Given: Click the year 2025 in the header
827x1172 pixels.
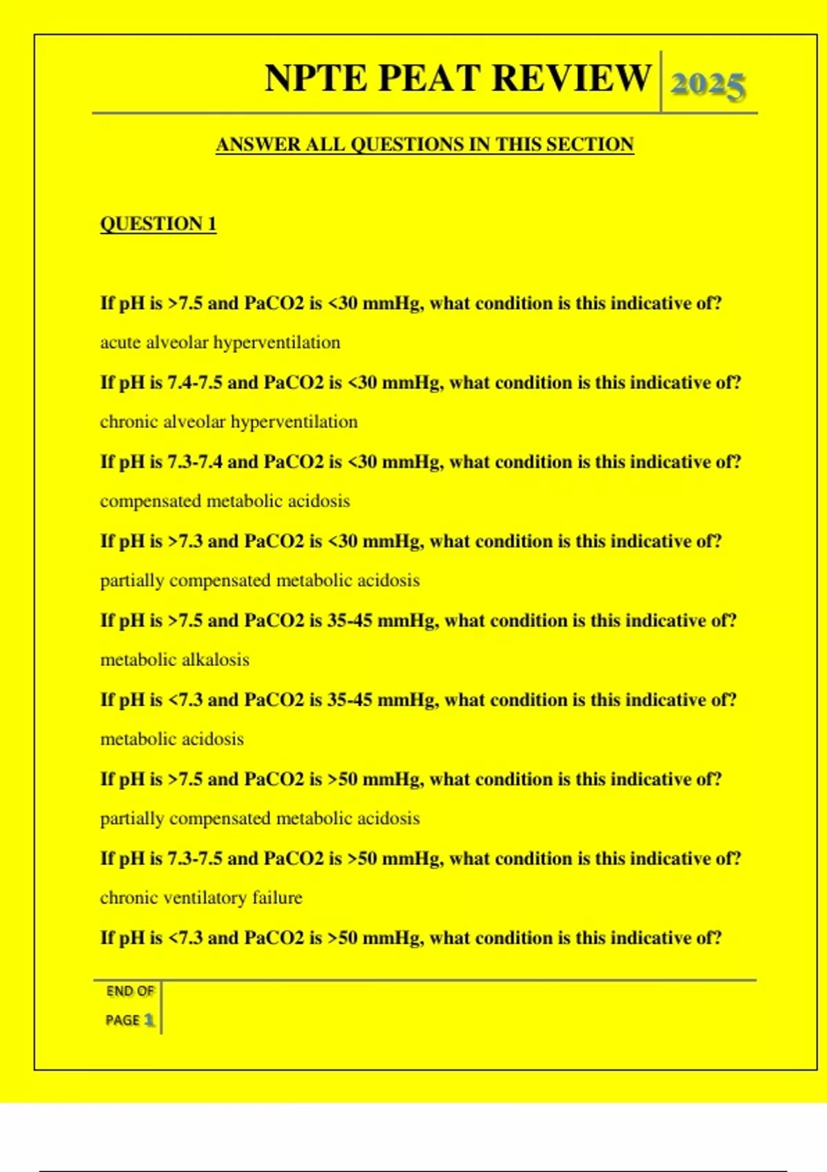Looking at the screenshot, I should pyautogui.click(x=708, y=85).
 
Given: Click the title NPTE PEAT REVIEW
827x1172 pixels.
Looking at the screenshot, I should pyautogui.click(x=458, y=78).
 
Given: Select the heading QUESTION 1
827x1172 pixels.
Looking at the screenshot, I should pyautogui.click(x=158, y=224).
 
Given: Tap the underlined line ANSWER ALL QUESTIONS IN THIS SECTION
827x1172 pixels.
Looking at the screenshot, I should pyautogui.click(x=425, y=145).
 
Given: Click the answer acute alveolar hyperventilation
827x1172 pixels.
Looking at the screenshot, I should pyautogui.click(x=220, y=343).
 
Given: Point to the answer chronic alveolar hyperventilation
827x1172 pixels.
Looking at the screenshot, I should pyautogui.click(x=229, y=422).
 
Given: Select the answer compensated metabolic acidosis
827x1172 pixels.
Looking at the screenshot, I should pyautogui.click(x=225, y=501).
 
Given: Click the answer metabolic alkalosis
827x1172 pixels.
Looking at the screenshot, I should pyautogui.click(x=174, y=660).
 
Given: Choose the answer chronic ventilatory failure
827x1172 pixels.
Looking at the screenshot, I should pyautogui.click(x=201, y=898).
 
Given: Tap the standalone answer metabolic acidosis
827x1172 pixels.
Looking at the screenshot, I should pyautogui.click(x=172, y=739).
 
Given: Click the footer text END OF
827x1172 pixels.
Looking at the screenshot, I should pyautogui.click(x=130, y=991).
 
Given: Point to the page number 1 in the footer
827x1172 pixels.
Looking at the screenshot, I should pyautogui.click(x=149, y=1020).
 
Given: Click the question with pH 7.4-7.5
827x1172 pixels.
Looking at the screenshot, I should pyautogui.click(x=420, y=383).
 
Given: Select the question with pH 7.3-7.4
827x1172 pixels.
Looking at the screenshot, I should pyautogui.click(x=420, y=462).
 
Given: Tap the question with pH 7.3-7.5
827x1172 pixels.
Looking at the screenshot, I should pyautogui.click(x=420, y=858).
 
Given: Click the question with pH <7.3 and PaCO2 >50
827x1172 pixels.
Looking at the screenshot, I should pyautogui.click(x=411, y=938).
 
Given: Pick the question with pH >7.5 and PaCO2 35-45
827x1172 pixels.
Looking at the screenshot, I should pyautogui.click(x=418, y=620).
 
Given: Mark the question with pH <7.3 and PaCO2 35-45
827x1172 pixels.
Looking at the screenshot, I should pyautogui.click(x=418, y=700).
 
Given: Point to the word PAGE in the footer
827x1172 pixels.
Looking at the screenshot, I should pyautogui.click(x=123, y=1020).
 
